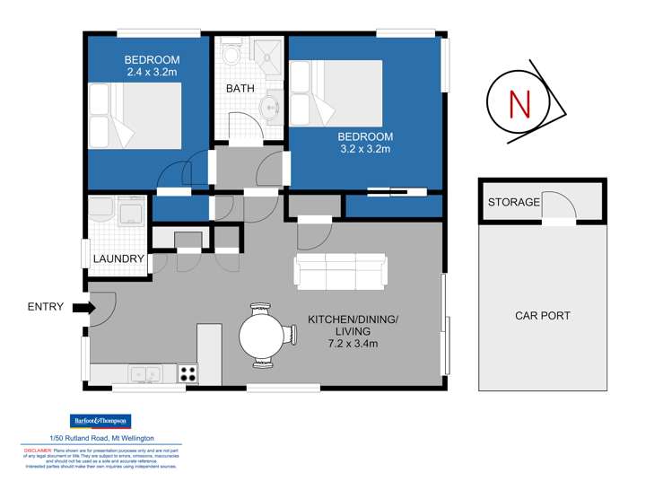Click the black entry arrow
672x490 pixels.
coord(82,308)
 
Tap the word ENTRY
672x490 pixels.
coord(46,307)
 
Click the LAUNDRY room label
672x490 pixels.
coord(119,259)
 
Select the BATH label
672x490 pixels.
coord(240,89)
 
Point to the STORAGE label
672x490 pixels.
coord(513,203)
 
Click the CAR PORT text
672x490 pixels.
coord(542,316)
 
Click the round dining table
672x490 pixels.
coord(265,337)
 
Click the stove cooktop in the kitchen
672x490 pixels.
coord(188,374)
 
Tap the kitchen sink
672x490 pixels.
coord(144,374)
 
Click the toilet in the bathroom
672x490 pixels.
coord(231,55)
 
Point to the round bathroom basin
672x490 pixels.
coord(269,109)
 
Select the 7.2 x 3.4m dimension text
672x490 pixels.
coord(353,342)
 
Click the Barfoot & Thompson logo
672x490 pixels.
coord(100,421)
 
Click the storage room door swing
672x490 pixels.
coord(559,207)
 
